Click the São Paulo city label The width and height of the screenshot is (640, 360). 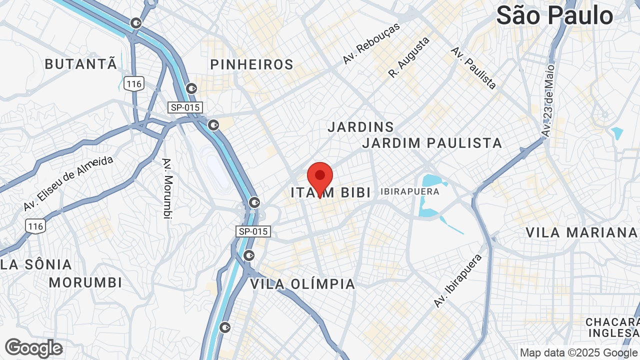[554, 16]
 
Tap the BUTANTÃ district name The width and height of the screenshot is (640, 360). [81, 64]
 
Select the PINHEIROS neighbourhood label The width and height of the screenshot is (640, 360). [251, 64]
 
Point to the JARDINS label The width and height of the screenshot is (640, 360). [360, 127]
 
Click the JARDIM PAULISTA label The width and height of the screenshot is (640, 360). [432, 143]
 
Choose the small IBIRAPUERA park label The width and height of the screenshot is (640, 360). [409, 191]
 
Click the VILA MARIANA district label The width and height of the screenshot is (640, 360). [581, 232]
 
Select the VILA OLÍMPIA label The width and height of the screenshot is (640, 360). [302, 284]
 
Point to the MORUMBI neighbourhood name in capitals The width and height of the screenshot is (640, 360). [85, 282]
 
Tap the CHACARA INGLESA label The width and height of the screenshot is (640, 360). [613, 327]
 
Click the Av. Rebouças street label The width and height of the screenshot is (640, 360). [371, 43]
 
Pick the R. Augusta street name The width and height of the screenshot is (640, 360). [409, 57]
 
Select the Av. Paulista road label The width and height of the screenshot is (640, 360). [473, 68]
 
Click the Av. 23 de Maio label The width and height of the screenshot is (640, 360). [548, 100]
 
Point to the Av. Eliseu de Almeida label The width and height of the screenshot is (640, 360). [68, 183]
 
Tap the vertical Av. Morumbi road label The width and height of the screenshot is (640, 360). [167, 188]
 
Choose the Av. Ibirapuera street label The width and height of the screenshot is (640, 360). [458, 280]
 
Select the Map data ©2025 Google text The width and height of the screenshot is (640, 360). [578, 353]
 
